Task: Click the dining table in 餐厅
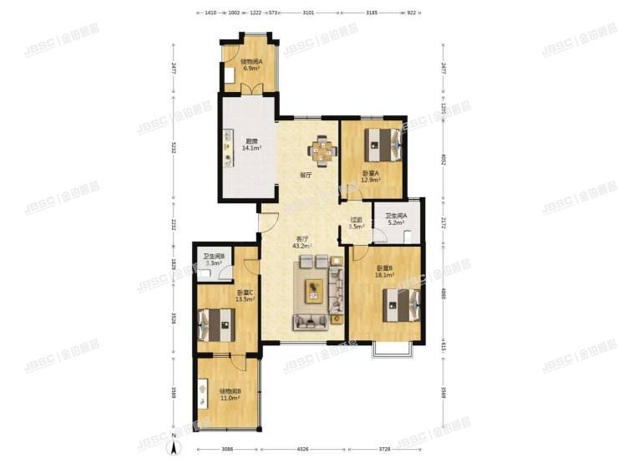(x=321, y=151)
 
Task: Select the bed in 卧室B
(x=398, y=305)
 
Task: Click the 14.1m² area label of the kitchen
(x=251, y=147)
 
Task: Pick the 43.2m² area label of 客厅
(x=301, y=246)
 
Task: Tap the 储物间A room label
(x=251, y=61)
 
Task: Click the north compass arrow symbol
(x=174, y=447)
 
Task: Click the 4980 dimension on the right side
(x=443, y=294)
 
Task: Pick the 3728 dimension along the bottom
(x=384, y=450)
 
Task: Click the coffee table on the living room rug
(x=315, y=290)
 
